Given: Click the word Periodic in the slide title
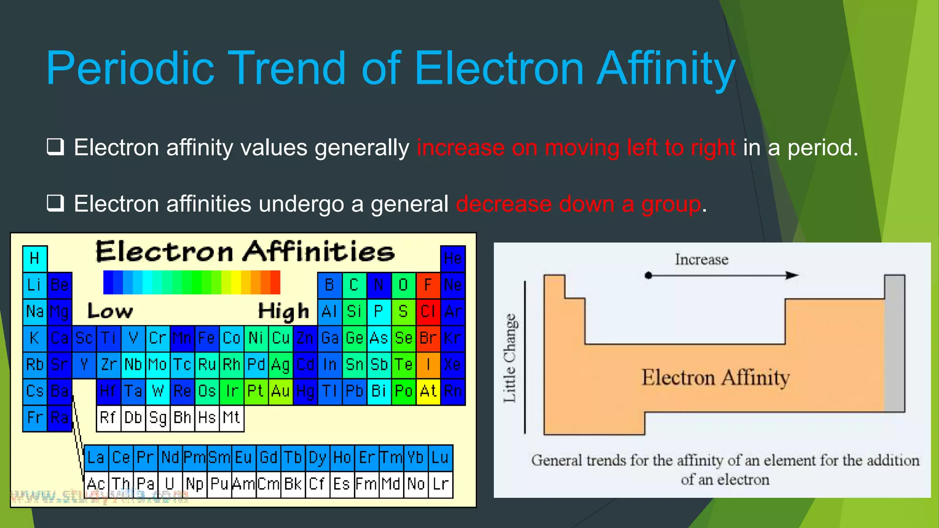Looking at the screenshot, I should pos(130,69).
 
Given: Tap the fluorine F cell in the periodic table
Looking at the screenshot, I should pos(428,285).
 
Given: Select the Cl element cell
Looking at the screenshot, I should pos(428,312).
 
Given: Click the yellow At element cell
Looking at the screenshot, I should pos(428,391).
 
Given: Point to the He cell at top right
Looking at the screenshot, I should pos(453,258).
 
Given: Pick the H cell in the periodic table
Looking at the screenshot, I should pos(35,258).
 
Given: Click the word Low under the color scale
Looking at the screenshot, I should pos(110,311).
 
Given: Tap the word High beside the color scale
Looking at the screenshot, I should pos(283,311).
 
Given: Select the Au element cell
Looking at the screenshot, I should pos(280,391).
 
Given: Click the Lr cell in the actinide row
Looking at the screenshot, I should pos(441,484).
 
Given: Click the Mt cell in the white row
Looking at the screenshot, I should pos(231,418).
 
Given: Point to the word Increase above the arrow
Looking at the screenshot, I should pos(701,259).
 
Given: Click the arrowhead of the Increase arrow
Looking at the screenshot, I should pos(792,275).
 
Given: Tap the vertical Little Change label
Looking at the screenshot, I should pos(510,358).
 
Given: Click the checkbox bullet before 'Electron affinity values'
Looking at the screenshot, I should pos(55,148).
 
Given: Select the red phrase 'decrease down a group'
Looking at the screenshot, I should pos(579,204).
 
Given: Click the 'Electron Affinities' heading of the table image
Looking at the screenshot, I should pos(245,252).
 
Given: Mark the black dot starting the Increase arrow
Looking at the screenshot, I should pos(648,275).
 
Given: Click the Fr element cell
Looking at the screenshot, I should pos(35,418).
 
